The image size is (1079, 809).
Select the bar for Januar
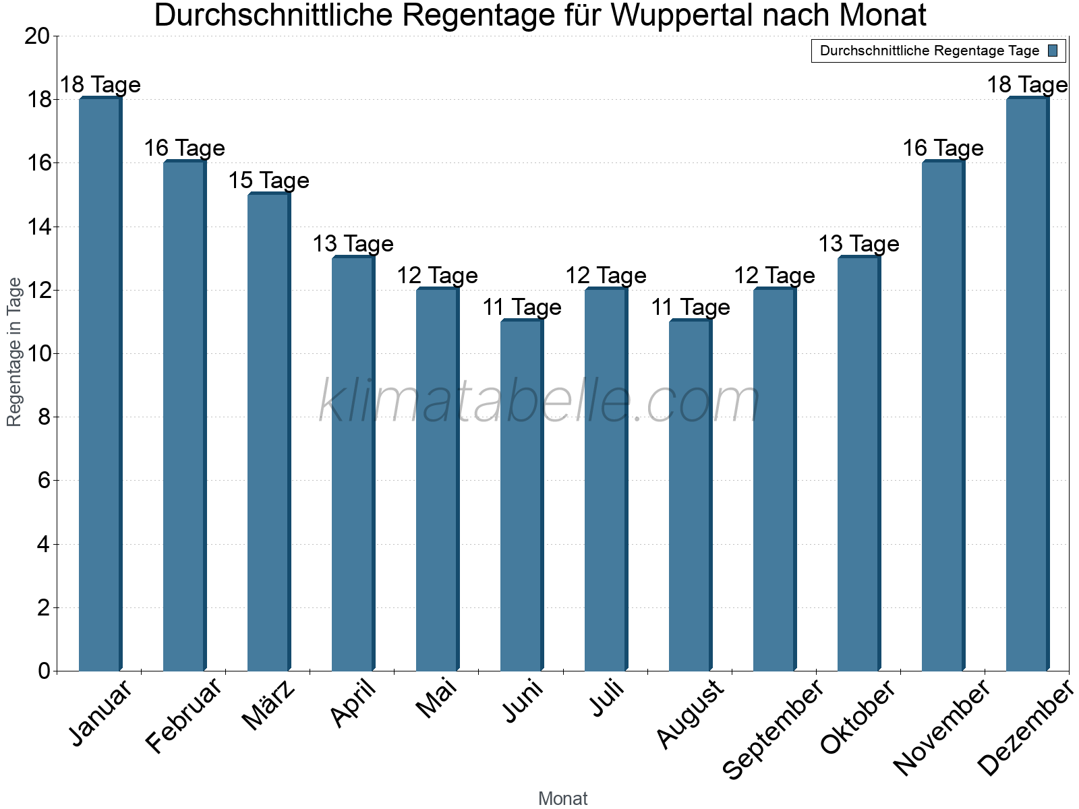(100, 384)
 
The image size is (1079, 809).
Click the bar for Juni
(521, 496)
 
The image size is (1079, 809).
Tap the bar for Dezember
(1027, 384)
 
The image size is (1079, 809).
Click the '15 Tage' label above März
(268, 181)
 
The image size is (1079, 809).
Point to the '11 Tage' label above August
(690, 307)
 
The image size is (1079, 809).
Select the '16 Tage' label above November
(943, 148)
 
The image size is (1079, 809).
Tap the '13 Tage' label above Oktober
(858, 244)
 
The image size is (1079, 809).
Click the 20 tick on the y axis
(37, 36)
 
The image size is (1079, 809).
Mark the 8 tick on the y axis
(44, 417)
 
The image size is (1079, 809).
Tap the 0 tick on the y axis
(44, 671)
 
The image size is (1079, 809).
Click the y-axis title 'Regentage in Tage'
(14, 352)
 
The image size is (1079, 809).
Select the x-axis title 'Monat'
(562, 799)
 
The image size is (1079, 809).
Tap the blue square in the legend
(1053, 51)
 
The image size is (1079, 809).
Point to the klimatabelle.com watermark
(539, 402)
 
